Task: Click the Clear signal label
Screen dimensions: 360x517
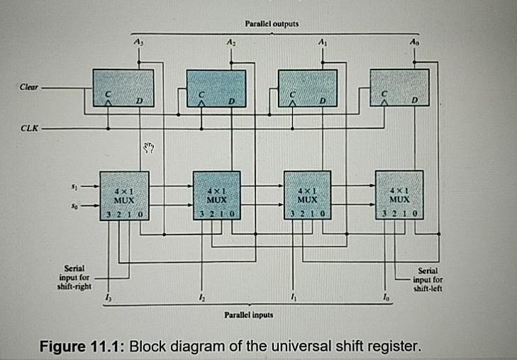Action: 28,87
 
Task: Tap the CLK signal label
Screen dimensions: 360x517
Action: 28,130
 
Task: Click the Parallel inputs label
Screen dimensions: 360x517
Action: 248,312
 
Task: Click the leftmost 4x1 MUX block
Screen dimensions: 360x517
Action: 125,196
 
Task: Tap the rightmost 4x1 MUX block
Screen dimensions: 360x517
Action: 399,196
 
